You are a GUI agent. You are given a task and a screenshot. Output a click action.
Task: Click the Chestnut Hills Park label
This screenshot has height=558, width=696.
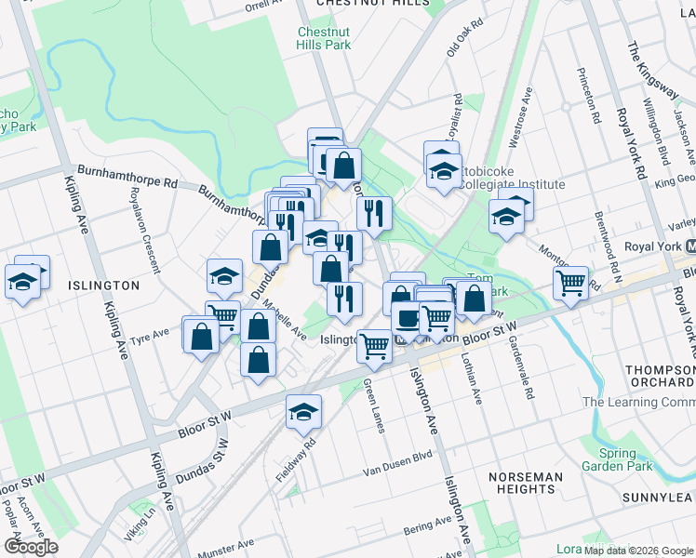pyautogui.click(x=324, y=37)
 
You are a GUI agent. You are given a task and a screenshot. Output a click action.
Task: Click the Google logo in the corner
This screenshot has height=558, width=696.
pyautogui.click(x=30, y=547)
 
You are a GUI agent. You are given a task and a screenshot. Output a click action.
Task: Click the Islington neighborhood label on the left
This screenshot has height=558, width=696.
pyautogui.click(x=102, y=286)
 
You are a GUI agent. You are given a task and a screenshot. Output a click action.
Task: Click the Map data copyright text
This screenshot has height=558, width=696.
pyautogui.click(x=637, y=550)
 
